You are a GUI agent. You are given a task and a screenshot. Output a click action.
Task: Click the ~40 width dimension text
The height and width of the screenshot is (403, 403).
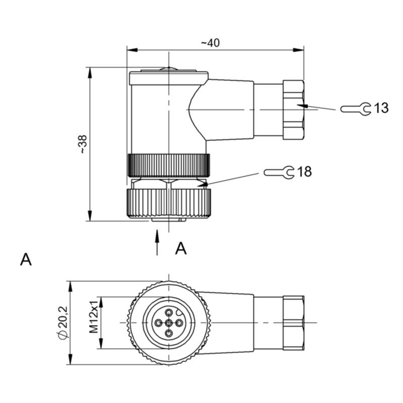pyautogui.click(x=210, y=43)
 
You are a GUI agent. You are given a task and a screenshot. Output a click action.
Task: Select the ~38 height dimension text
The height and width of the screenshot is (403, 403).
pyautogui.click(x=82, y=144)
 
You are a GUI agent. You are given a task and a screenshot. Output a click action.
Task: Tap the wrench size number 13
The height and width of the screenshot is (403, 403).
pyautogui.click(x=381, y=108)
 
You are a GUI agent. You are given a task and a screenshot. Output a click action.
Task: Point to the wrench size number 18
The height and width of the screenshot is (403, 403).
pyautogui.click(x=304, y=172)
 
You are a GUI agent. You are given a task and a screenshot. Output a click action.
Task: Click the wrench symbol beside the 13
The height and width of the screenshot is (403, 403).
pyautogui.click(x=356, y=108)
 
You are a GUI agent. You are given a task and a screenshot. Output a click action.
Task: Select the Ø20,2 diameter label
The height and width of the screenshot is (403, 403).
pyautogui.click(x=62, y=323)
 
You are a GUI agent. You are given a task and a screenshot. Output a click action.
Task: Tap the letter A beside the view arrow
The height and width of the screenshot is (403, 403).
pyautogui.click(x=181, y=248)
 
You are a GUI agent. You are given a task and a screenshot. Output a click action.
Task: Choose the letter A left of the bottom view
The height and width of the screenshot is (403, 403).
pyautogui.click(x=26, y=259)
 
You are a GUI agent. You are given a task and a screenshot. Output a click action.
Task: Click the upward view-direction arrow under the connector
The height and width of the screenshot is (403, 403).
pyautogui.click(x=157, y=242)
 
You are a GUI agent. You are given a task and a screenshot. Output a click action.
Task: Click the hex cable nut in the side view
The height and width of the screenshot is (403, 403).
pyautogui.click(x=293, y=109)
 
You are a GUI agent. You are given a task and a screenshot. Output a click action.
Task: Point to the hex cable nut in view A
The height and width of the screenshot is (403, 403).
pyautogui.click(x=293, y=323)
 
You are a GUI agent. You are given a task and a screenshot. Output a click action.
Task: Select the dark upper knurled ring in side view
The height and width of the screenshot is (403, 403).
pyautogui.click(x=169, y=165)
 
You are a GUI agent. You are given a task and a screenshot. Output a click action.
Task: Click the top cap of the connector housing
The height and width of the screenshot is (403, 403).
pyautogui.click(x=169, y=78)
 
